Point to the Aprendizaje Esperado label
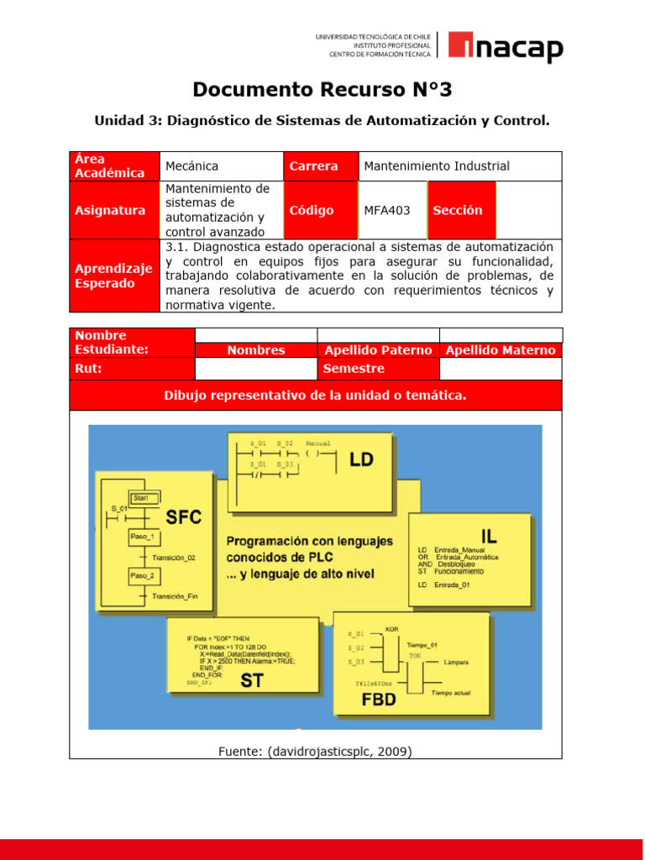(113, 275)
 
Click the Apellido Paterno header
(378, 350)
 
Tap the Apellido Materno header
(501, 350)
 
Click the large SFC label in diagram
(184, 517)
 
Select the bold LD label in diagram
(361, 459)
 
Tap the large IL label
(490, 534)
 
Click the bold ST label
(252, 681)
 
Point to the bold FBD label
(378, 699)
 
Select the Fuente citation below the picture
(315, 752)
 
